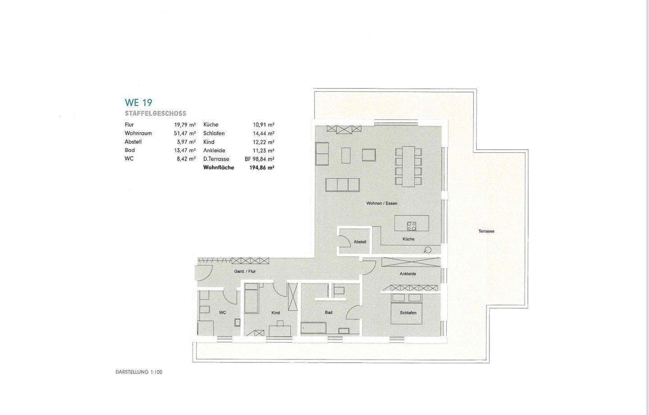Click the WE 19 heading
[138, 102]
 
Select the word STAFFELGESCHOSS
[155, 114]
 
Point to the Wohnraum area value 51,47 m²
[185, 134]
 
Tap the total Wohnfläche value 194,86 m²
[262, 168]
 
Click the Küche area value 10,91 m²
[264, 125]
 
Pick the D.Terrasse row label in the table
[216, 159]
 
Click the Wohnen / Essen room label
[382, 203]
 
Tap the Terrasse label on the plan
[486, 231]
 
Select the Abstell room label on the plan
[360, 242]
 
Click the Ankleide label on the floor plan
[408, 274]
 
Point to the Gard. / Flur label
[245, 272]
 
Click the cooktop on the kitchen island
[411, 226]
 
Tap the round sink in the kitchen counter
[428, 250]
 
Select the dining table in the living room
[409, 166]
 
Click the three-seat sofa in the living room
[343, 184]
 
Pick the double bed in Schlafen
[407, 309]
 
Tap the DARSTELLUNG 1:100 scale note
[139, 372]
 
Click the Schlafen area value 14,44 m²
[264, 134]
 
